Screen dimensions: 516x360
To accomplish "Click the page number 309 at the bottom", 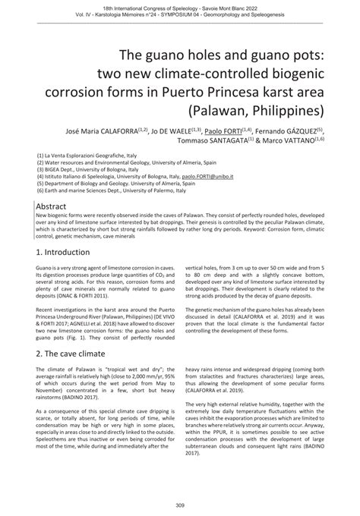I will (179, 505).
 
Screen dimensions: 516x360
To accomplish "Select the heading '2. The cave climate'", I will (77, 357).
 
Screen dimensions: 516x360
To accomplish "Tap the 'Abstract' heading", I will (54, 206).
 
